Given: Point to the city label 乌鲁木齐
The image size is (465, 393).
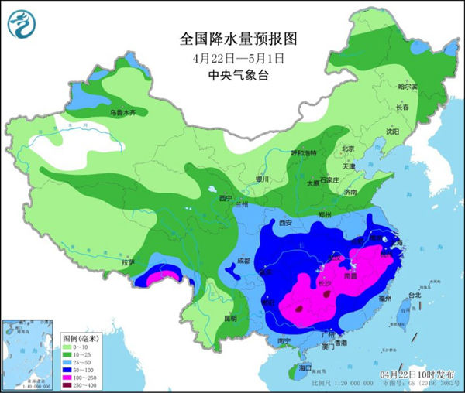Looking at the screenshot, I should tap(123, 113).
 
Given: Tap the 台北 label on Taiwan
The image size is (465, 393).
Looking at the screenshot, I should tap(414, 295).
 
